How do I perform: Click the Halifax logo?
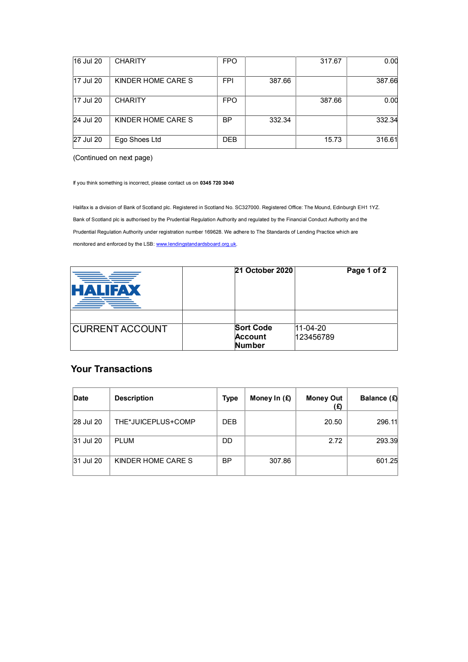(x=106, y=290)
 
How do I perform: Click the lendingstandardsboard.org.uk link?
(x=196, y=244)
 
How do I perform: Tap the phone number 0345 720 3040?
(x=217, y=183)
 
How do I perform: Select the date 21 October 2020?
(x=264, y=271)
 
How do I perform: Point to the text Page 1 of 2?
(x=366, y=271)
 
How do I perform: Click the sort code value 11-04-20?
(x=311, y=328)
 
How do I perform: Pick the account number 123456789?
(x=315, y=337)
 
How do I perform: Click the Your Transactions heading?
(x=111, y=369)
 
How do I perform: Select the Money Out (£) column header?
(x=324, y=402)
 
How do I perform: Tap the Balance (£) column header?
(x=378, y=398)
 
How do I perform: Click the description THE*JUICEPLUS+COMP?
(x=155, y=422)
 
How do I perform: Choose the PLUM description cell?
(x=124, y=441)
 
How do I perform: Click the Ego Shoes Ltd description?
(x=138, y=140)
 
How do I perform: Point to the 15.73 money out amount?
(x=333, y=140)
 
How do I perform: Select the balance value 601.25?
(x=386, y=461)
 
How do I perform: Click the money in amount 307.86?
(x=280, y=461)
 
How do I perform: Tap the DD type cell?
(x=227, y=441)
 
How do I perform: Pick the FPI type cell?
(x=228, y=81)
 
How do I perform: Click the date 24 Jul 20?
(x=88, y=120)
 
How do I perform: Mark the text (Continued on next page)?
(x=113, y=158)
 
